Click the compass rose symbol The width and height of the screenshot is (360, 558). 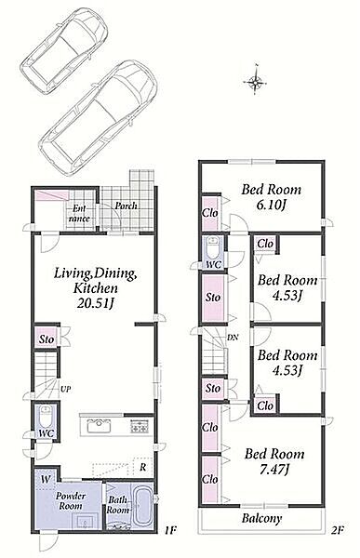point(255,82)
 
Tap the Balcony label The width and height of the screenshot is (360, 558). point(261,518)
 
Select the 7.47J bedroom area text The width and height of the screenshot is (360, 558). point(274,470)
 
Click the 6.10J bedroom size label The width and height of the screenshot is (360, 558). point(272,205)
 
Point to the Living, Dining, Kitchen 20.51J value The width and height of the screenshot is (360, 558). point(96,303)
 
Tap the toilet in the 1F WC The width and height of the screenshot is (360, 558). point(46,417)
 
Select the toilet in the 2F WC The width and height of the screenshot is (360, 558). point(214,248)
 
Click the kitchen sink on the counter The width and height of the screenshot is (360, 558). point(99,426)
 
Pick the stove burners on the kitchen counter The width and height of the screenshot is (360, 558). point(140,426)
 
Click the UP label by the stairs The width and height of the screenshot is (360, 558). point(65,389)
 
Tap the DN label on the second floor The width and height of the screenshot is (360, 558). point(233,338)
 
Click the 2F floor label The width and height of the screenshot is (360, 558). point(337,530)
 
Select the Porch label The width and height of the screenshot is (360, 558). point(126,206)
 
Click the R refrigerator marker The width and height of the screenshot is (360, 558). point(142,467)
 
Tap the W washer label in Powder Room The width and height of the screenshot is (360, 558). point(45,479)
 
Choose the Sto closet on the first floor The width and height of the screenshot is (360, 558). point(47,339)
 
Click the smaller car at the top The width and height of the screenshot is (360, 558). point(64,51)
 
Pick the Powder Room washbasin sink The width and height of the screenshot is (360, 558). point(86,522)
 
